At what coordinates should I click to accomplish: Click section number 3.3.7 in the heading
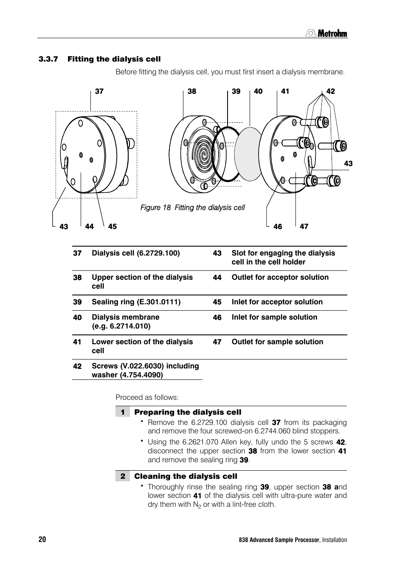tap(48, 59)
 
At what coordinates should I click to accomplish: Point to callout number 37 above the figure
tap(99, 91)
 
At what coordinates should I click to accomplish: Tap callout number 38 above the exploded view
tap(192, 91)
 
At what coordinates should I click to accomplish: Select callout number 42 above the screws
tap(330, 91)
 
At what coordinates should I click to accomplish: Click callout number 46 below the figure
tap(278, 227)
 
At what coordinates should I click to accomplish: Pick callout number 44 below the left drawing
tap(89, 227)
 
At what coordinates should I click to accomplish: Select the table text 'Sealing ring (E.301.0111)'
tap(136, 302)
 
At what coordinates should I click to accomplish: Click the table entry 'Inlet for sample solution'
tap(274, 317)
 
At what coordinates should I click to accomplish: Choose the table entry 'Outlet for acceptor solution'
tap(280, 277)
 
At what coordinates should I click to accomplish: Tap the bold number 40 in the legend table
tap(77, 317)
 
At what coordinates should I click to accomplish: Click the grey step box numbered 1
tap(122, 412)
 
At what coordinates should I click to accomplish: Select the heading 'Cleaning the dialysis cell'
tap(186, 476)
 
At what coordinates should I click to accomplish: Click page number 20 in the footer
tap(42, 539)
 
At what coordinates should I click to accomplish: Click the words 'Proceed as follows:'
tap(147, 397)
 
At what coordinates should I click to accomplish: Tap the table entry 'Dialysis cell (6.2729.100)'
tap(135, 253)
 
